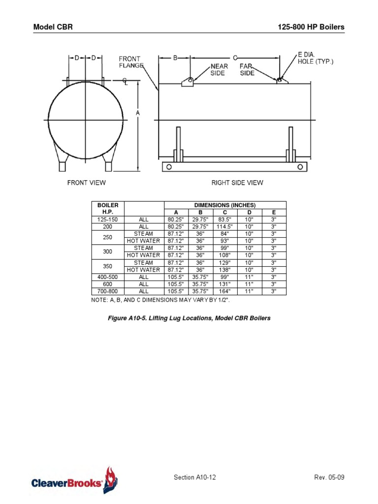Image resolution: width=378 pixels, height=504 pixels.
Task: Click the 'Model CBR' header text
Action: coord(53,27)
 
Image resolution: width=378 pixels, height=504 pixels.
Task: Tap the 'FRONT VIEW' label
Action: coord(86,183)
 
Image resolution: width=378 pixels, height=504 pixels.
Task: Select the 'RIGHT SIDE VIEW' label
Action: coord(237,183)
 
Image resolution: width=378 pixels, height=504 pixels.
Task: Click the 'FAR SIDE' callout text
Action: coord(247,69)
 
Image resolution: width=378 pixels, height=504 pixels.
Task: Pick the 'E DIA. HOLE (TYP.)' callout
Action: coord(315,58)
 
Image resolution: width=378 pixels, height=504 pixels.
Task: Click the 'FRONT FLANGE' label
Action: coord(131,62)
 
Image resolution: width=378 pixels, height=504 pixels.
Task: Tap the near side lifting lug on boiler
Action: coord(187,82)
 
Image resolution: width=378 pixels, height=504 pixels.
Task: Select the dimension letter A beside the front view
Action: coord(138,113)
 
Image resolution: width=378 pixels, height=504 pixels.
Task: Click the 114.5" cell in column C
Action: coord(225,226)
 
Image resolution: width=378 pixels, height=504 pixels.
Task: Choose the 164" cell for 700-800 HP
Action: coord(225,291)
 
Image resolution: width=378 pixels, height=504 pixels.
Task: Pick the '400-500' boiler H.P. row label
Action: coord(108,277)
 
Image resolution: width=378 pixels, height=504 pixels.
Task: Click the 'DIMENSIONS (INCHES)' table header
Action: coord(225,205)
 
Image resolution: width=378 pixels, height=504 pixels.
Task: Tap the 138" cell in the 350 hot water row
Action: coord(225,270)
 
